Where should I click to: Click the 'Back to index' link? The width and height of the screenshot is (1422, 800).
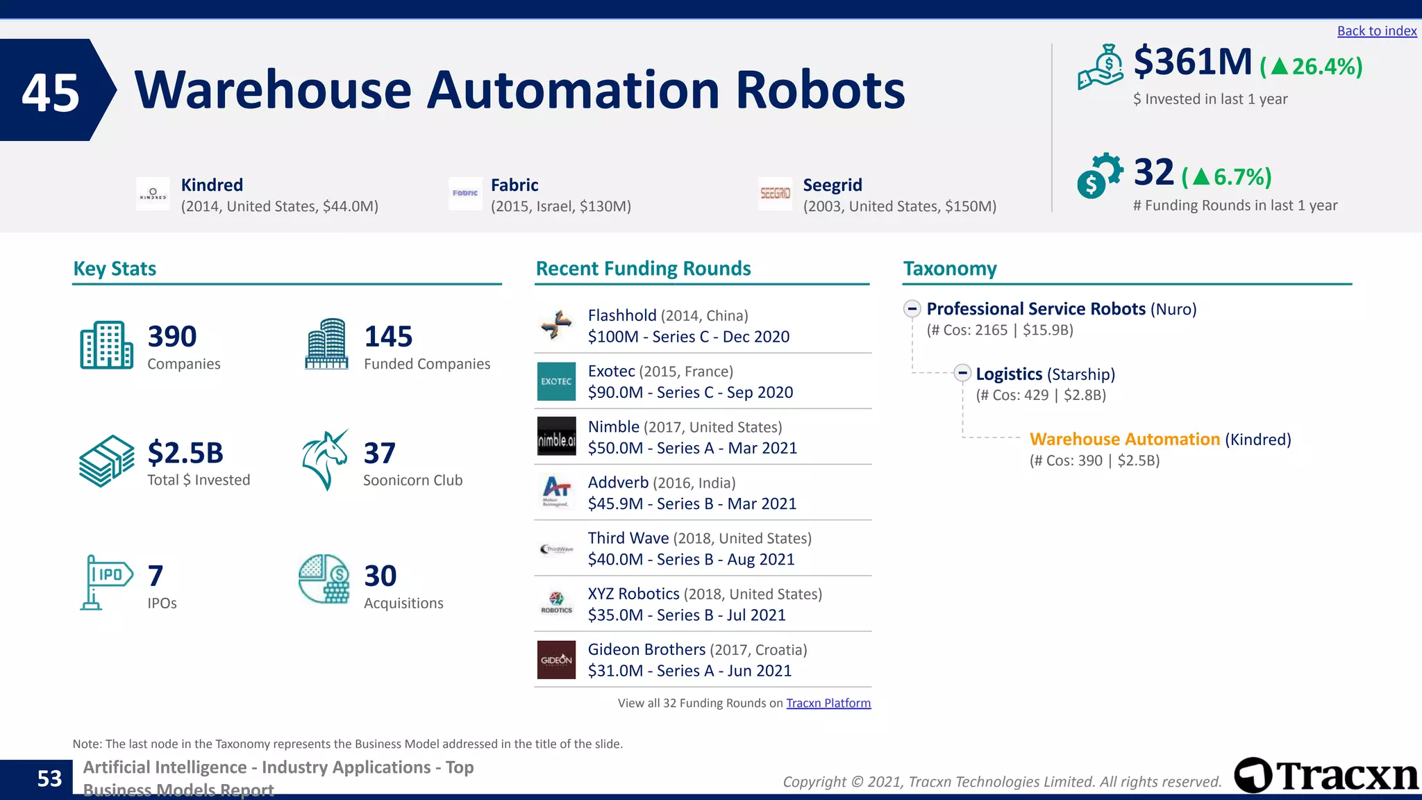pos(1376,31)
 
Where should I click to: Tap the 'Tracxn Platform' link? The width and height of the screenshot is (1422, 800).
pos(828,703)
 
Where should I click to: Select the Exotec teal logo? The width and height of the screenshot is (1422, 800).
pos(556,381)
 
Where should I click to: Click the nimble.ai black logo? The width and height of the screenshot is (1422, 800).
pos(556,437)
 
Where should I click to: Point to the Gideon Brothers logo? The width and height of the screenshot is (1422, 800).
pos(556,659)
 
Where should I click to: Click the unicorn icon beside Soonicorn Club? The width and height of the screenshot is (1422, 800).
pos(325,460)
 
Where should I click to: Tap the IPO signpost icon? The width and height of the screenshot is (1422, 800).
pos(106,582)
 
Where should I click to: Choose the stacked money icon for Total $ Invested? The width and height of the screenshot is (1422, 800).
pos(106,461)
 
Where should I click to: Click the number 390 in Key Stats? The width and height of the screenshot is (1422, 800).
pos(172,337)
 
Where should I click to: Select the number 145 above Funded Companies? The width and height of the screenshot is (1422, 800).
pos(388,337)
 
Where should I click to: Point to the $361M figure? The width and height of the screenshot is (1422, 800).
pos(1192,62)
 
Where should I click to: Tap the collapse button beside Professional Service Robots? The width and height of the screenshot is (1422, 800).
pos(912,308)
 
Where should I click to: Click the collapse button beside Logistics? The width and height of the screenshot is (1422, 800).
pos(962,373)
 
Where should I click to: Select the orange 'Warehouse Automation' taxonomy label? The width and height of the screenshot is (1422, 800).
pos(1124,439)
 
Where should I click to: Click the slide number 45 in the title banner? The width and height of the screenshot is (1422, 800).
pos(50,92)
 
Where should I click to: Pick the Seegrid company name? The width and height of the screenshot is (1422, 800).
pos(832,185)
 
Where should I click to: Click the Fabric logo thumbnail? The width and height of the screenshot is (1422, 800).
pos(465,193)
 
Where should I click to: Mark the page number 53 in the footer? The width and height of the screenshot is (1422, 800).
pos(49,778)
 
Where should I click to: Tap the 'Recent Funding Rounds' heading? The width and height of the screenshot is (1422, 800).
pos(643,268)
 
